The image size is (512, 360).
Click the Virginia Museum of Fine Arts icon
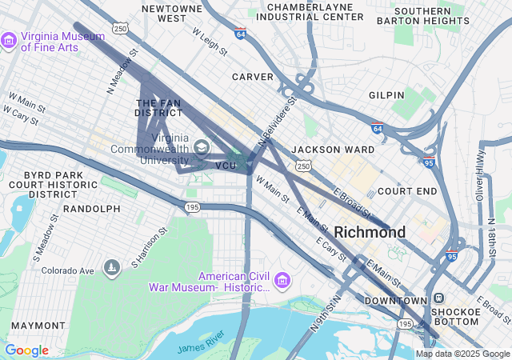click(9, 40)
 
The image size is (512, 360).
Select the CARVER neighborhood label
click(252, 77)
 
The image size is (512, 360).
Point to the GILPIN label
click(386, 95)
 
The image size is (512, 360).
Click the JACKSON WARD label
click(322, 150)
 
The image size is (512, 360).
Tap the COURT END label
click(407, 191)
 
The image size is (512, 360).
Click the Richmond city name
click(370, 232)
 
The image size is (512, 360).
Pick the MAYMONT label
click(38, 326)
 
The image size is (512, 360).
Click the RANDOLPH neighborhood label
click(91, 209)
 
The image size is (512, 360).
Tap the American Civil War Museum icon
click(282, 281)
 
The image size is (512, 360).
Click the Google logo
click(26, 350)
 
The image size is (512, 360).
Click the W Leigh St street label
click(210, 42)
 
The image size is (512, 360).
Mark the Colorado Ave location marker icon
click(111, 266)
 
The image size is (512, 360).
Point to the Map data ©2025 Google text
click(462, 354)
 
